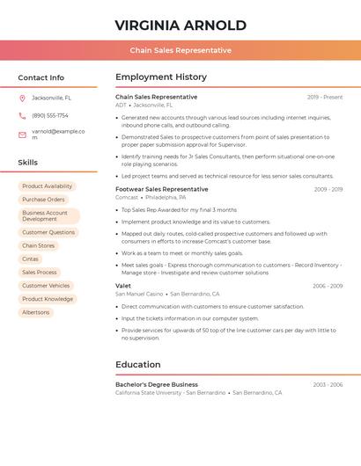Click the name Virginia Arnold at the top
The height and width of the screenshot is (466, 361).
(180, 25)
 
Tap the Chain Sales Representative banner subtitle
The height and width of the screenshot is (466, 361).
(180, 50)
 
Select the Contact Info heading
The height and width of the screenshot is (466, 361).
(41, 77)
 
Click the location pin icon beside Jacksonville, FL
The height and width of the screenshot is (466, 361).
(22, 98)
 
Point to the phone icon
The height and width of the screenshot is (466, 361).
(22, 115)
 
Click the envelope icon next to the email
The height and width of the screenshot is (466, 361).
(22, 135)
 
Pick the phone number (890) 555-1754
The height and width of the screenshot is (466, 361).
(50, 115)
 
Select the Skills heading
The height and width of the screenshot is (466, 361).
(28, 163)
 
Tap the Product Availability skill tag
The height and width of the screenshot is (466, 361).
(48, 186)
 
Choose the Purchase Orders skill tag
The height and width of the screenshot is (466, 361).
(44, 200)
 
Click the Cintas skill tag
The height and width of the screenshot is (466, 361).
(30, 259)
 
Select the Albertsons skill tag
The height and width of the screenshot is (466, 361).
(36, 312)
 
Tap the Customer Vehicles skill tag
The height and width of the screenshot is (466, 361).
(46, 286)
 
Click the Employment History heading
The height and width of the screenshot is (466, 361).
(161, 77)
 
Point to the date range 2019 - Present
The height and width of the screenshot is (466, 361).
(325, 97)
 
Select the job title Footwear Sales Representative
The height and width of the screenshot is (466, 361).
(162, 189)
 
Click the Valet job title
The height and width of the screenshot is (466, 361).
(123, 286)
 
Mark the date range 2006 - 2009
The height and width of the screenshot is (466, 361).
(328, 286)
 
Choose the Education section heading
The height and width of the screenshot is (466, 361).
(138, 365)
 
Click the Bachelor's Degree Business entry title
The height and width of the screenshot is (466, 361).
(157, 384)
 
